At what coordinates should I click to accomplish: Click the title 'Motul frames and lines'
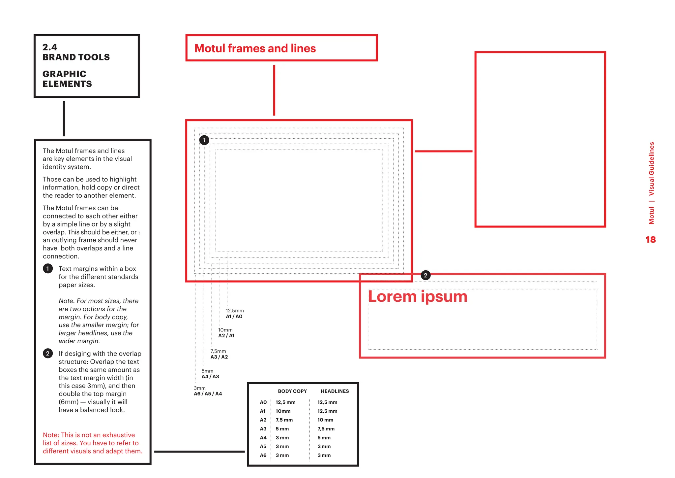pos(255,49)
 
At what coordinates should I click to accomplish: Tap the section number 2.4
pos(50,47)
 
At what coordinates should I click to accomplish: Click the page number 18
pos(650,240)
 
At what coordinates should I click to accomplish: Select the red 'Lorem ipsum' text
pos(417,296)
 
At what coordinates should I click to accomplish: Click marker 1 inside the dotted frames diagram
pos(204,140)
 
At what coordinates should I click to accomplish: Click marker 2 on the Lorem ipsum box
pos(425,275)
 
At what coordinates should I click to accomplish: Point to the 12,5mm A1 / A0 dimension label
pos(234,314)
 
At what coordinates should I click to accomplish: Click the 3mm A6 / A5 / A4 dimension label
pos(208,391)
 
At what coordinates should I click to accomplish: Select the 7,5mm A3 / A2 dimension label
pos(219,354)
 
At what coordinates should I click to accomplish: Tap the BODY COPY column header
pos(292,391)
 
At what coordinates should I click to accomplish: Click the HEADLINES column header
pos(335,391)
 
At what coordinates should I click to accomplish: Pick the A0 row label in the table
pos(263,402)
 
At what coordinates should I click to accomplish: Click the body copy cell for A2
pos(284,420)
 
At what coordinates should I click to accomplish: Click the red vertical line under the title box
pos(274,90)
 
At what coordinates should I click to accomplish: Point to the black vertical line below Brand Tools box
pos(64,119)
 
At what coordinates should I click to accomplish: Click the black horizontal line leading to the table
pos(199,451)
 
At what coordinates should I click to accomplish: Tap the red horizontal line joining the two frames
pos(443,151)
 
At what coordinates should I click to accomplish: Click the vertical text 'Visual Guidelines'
pos(651,169)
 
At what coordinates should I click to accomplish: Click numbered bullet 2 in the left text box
pos(48,354)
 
